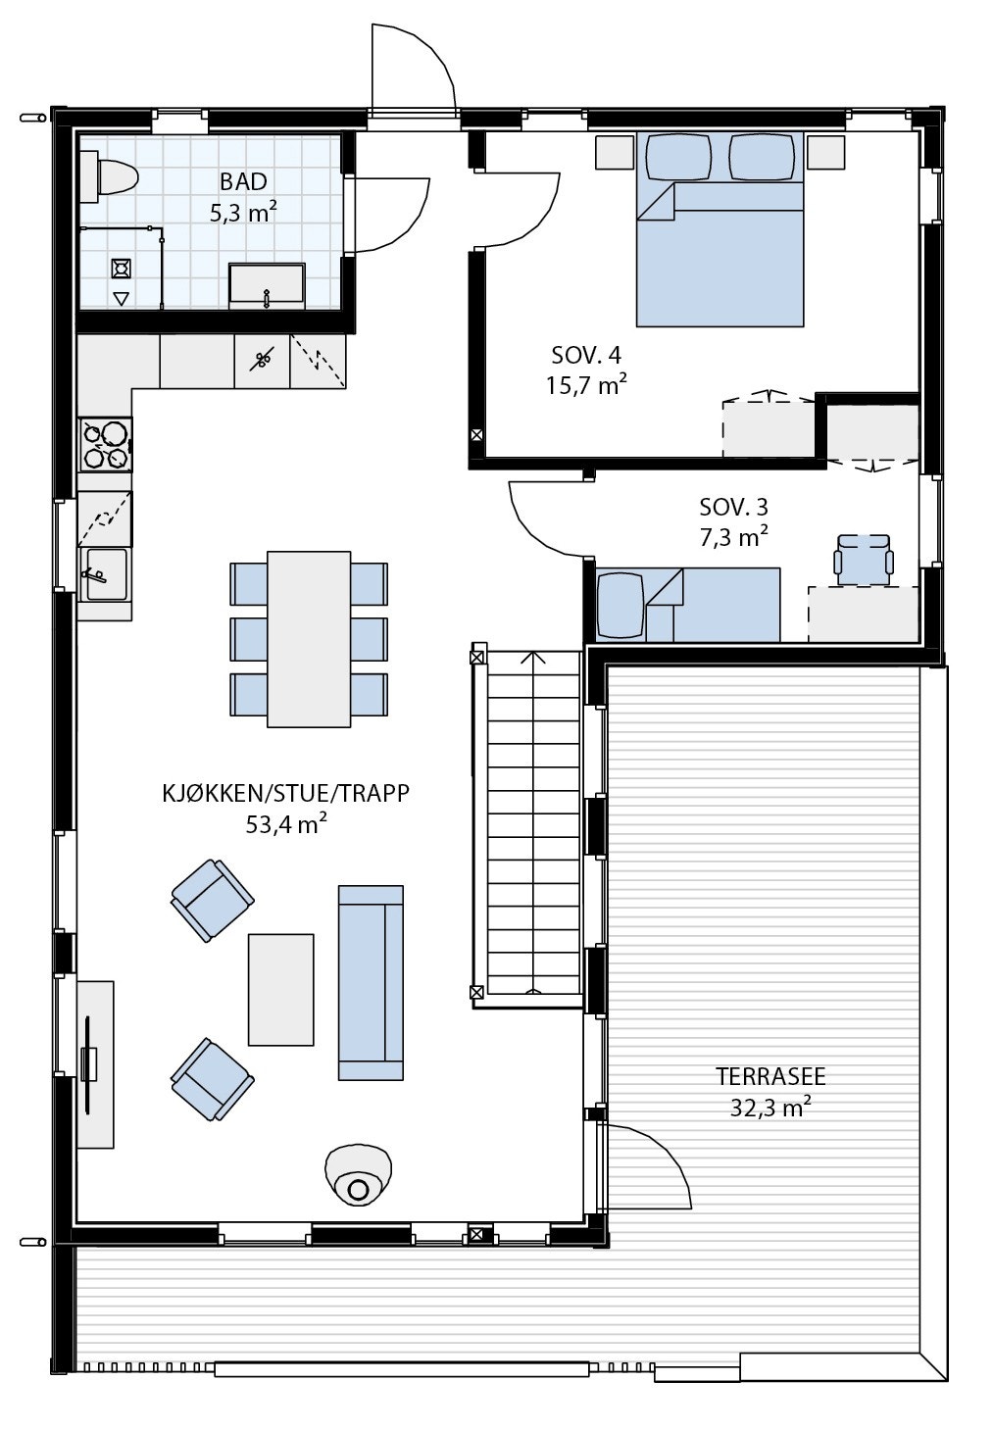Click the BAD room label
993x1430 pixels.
coord(243,181)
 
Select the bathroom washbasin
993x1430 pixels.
coord(267,285)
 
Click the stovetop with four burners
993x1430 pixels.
coord(106,444)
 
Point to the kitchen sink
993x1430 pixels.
coord(104,573)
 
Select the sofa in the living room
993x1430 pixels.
coord(371,982)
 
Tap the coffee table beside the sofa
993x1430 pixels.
coord(281,989)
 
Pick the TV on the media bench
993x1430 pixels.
coord(89,1063)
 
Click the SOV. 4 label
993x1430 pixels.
coord(586,355)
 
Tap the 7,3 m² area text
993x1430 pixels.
coord(733,537)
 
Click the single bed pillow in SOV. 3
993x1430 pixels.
coord(621,604)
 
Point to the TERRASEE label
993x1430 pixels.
coord(770,1076)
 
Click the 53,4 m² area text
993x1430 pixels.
coord(286,825)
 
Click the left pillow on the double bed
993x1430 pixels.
coord(678,157)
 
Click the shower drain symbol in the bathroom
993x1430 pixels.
coord(122,268)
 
